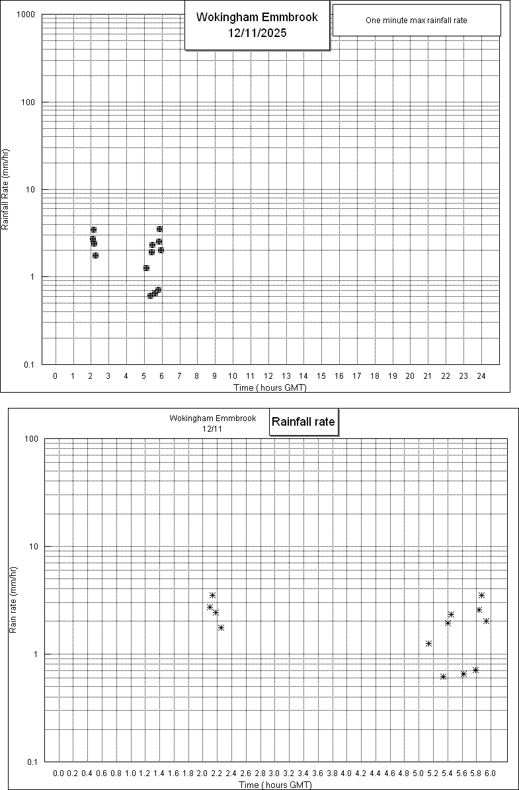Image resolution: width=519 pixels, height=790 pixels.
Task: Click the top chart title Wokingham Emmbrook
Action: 257,17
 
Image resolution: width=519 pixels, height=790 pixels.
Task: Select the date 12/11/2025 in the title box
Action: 257,32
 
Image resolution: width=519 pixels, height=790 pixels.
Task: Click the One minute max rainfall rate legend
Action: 416,20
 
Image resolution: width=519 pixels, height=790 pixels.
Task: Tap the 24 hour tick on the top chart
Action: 481,376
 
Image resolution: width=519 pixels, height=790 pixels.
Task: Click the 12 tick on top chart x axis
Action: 268,376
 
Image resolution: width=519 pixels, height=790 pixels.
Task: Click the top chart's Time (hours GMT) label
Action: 270,387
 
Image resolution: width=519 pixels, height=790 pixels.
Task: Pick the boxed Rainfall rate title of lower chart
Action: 303,421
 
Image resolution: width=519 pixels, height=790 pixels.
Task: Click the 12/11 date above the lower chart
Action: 212,428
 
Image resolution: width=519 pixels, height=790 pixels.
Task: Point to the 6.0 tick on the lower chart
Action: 490,773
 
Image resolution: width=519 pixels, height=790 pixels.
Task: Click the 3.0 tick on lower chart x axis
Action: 274,773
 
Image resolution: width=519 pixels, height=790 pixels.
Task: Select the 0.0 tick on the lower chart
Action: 58,773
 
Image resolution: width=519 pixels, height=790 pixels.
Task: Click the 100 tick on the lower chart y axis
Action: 30,439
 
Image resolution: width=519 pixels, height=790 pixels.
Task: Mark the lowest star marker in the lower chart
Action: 444,676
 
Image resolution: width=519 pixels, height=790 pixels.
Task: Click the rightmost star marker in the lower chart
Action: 486,621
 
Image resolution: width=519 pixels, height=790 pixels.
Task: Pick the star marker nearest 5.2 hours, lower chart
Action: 428,643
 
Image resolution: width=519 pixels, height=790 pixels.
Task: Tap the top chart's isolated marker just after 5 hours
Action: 146,268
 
